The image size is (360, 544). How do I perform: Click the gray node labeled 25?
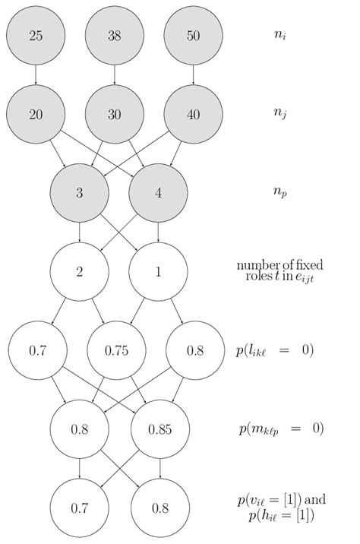click(36, 36)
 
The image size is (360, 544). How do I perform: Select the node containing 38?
click(115, 36)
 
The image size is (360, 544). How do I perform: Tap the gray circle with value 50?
click(194, 36)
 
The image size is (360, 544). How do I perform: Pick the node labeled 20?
click(36, 114)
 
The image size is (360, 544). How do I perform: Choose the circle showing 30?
click(115, 114)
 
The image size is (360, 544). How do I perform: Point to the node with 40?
click(194, 114)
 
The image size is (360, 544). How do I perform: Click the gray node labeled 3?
click(79, 193)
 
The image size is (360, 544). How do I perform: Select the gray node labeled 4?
click(158, 193)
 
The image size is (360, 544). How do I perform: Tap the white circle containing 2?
click(79, 271)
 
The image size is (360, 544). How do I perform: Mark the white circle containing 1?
click(158, 271)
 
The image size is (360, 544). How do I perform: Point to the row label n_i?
click(280, 35)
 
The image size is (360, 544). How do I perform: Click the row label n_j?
click(280, 115)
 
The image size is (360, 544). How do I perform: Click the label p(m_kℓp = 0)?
click(280, 429)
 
